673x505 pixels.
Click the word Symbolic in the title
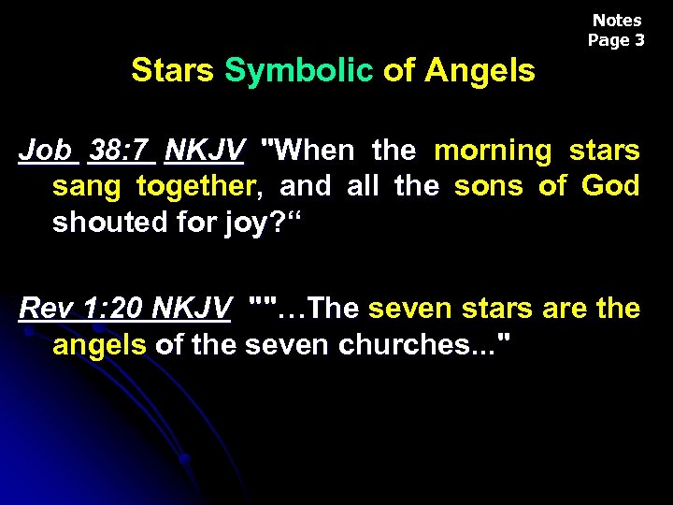coord(299,70)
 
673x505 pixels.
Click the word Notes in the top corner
coord(617,21)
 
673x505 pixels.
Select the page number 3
coord(639,40)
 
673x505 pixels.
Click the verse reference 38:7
coord(121,150)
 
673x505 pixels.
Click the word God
coord(610,186)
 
